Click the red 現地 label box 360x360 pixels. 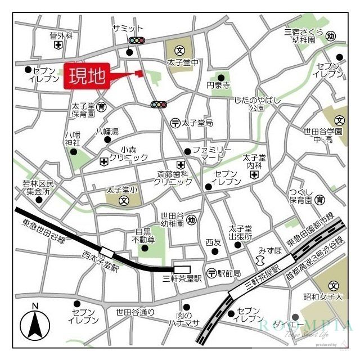pyautogui.click(x=88, y=77)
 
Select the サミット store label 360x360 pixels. pyautogui.click(x=128, y=29)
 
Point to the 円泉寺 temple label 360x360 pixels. pyautogui.click(x=218, y=86)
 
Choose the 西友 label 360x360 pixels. pyautogui.click(x=213, y=242)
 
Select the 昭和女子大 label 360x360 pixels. pyautogui.click(x=323, y=296)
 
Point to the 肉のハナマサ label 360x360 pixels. pyautogui.click(x=184, y=319)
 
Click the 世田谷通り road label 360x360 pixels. pyautogui.click(x=135, y=312)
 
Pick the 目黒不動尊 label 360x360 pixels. pyautogui.click(x=143, y=236)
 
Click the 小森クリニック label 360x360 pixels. pyautogui.click(x=128, y=154)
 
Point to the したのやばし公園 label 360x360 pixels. pyautogui.click(x=257, y=103)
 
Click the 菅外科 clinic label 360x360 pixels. pyautogui.click(x=61, y=35)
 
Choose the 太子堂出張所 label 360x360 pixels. pyautogui.click(x=240, y=233)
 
